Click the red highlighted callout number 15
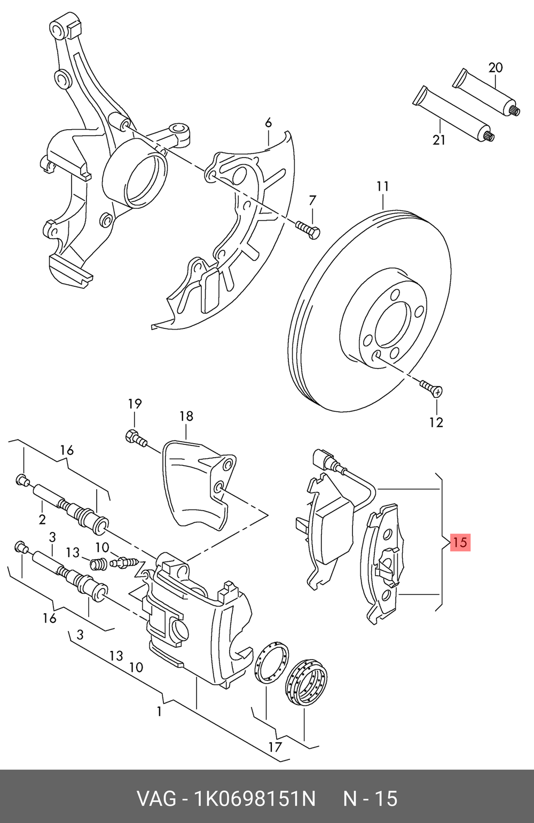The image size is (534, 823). tap(460, 542)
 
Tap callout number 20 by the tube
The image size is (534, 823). tap(496, 68)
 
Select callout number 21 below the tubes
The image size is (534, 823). tap(439, 140)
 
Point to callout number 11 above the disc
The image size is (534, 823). tap(382, 186)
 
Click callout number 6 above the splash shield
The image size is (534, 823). tap(268, 123)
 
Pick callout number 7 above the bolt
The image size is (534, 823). tap(312, 201)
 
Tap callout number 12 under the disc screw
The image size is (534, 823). tap(436, 422)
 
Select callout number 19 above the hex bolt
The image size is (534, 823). tap(135, 404)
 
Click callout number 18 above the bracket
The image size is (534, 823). tap(186, 416)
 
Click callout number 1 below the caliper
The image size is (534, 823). tap(159, 712)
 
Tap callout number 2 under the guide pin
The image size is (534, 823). tap(42, 520)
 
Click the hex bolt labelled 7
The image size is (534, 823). tap(308, 229)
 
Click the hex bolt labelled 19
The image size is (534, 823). tap(136, 439)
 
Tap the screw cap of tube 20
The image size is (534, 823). tap(516, 109)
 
